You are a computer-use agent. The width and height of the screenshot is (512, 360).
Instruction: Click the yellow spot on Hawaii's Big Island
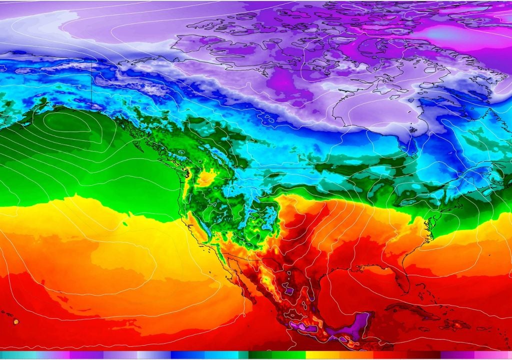point(16,322)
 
